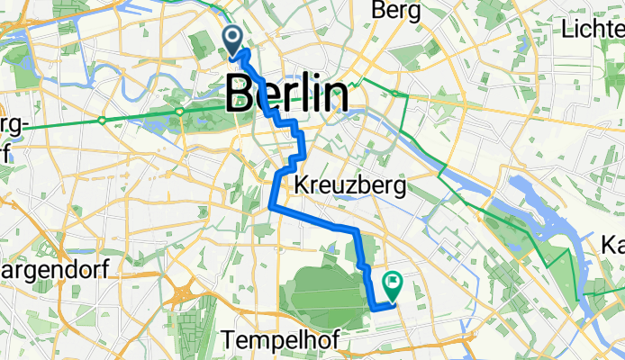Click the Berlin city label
(x=287, y=94)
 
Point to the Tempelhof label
(x=271, y=342)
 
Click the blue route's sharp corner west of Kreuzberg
(x=271, y=208)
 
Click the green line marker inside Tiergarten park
(x=180, y=112)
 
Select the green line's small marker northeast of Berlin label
(x=393, y=93)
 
